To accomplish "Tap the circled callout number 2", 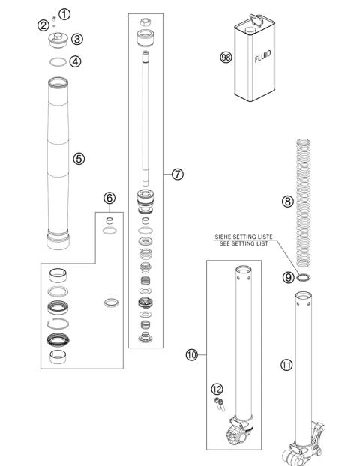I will coord(43,26).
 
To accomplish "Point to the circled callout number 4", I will coord(76,61).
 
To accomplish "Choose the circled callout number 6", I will coord(109,198).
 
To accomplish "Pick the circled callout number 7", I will coord(178,174).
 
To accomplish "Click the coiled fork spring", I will coord(305,202).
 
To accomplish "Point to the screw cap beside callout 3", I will coord(57,40).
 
